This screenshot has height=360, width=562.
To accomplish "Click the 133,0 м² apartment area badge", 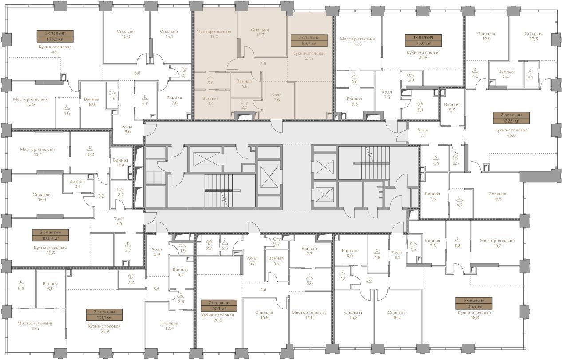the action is pos(55,36).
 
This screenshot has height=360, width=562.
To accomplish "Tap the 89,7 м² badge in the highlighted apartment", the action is pos(309,40).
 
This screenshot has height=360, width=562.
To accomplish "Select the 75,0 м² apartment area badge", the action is pos(423,40).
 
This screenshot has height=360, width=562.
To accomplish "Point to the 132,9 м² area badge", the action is pos(511,118).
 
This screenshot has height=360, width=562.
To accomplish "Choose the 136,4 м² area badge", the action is pos(474,303).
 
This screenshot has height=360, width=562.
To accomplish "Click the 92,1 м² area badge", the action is pos(219,305).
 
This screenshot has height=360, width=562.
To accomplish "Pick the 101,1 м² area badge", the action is pos(104,315).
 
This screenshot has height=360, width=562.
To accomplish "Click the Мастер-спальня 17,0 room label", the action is pos(214,34).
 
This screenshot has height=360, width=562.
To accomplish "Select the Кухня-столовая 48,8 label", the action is pos(474,315).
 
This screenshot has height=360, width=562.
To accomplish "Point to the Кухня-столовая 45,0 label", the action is pos(511,132).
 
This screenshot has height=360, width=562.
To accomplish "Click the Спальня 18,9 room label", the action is pos(41,197).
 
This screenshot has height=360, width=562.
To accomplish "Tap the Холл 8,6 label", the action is pos(127,129).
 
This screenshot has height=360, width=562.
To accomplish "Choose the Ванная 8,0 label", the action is pos(91,102).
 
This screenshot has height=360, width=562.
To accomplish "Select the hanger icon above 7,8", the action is pos(457,240).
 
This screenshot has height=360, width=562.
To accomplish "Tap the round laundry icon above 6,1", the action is pos(420,104).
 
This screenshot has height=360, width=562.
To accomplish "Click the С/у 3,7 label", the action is pos(121,192).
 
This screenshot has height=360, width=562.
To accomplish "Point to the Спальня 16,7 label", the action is pos(397,315).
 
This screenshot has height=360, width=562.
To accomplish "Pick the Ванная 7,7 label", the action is pos(309,251).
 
